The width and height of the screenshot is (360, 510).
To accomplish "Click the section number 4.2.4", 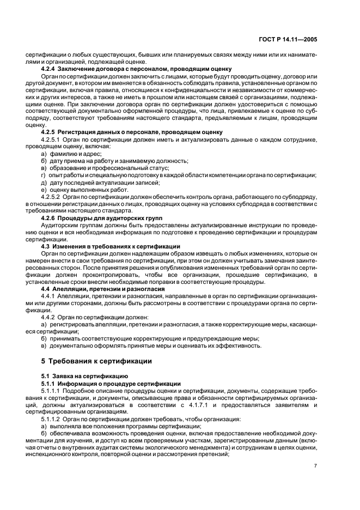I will pos(50,69).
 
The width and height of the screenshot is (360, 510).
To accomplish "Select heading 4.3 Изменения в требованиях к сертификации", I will pos(111,246).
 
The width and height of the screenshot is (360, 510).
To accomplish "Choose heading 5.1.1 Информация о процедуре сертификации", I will pos(111,384).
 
